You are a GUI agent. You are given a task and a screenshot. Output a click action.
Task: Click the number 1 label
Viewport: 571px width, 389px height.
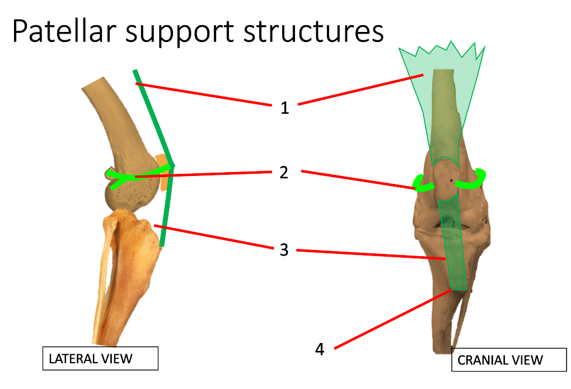(285, 108)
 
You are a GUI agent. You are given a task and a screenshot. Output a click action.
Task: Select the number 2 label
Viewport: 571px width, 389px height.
(284, 173)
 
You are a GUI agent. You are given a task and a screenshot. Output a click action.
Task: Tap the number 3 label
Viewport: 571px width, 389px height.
(284, 249)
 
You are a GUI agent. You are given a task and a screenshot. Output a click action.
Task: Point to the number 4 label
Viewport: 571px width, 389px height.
(319, 349)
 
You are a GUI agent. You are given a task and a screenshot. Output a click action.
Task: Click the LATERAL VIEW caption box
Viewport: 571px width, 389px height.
(101, 359)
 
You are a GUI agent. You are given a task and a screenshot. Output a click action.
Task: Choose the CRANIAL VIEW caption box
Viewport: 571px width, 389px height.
(500, 360)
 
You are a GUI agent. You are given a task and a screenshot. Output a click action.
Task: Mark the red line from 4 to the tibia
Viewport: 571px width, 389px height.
(392, 319)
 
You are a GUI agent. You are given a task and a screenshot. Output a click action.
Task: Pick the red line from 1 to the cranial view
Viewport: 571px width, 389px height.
(361, 89)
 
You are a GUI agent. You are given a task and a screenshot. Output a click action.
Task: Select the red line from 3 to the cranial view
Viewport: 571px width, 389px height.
(369, 254)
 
